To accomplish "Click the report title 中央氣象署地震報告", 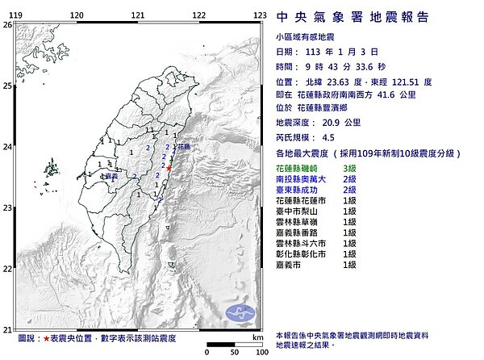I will (353, 17).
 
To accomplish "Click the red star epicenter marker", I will (170, 168).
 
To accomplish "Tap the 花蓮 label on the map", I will (183, 147).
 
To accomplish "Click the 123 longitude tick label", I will (259, 15).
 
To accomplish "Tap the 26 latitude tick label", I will (7, 25).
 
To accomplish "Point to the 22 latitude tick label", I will (7, 268).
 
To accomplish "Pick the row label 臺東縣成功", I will (303, 189).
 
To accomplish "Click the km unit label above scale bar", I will (256, 337).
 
